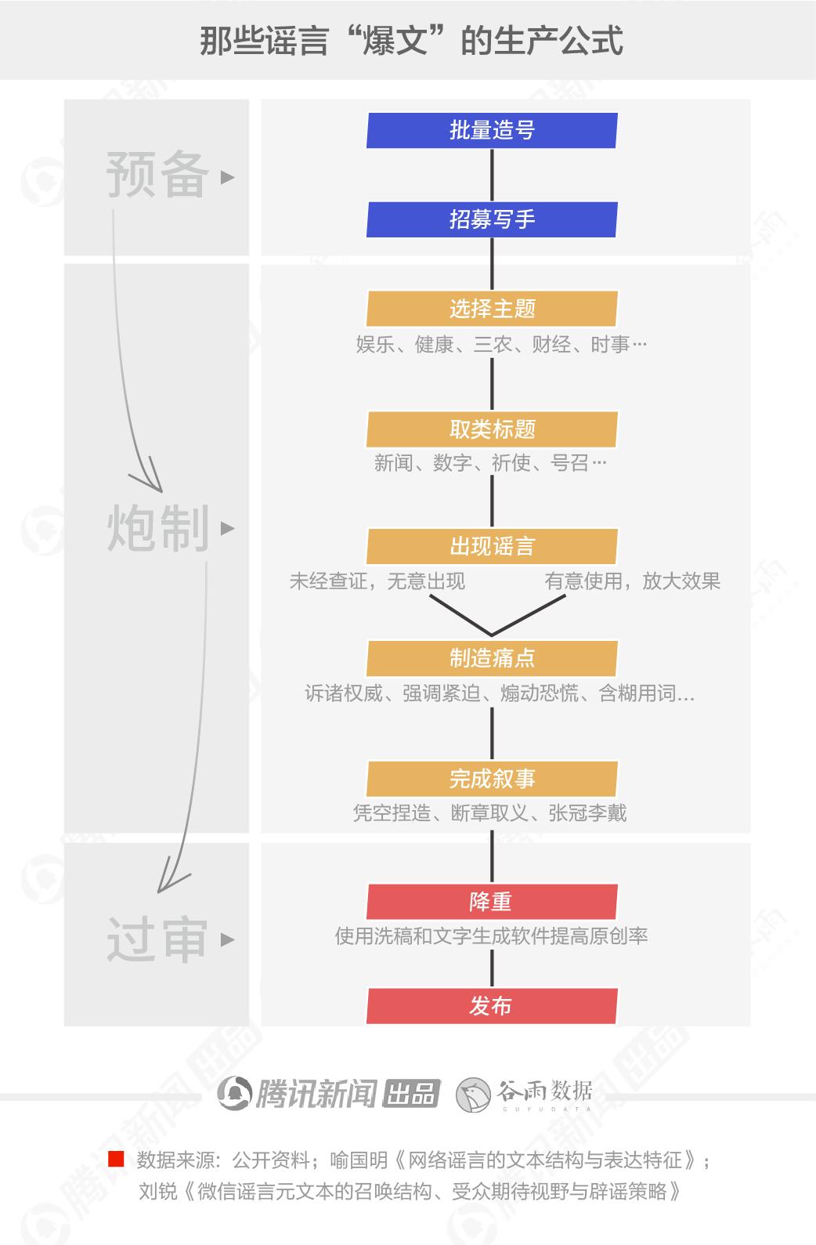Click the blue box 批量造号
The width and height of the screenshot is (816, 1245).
pyautogui.click(x=492, y=130)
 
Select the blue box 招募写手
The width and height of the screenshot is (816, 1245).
pyautogui.click(x=492, y=219)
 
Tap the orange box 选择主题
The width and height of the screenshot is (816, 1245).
pyautogui.click(x=492, y=309)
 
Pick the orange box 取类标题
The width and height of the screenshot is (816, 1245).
pyautogui.click(x=492, y=429)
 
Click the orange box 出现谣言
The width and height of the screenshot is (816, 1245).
pyautogui.click(x=492, y=546)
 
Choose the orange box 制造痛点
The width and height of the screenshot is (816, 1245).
pyautogui.click(x=492, y=658)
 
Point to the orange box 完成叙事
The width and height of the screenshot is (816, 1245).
pyautogui.click(x=492, y=779)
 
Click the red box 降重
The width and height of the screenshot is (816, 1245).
pyautogui.click(x=492, y=902)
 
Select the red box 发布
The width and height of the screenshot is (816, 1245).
pyautogui.click(x=492, y=1006)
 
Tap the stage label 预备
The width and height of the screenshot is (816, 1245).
pyautogui.click(x=157, y=175)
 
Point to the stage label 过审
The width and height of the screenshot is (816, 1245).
pyautogui.click(x=157, y=939)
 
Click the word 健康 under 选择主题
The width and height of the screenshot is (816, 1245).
pyautogui.click(x=434, y=345)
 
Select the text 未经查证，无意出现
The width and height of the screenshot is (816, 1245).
pyautogui.click(x=377, y=581)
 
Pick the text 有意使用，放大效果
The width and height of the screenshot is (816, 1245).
pyautogui.click(x=632, y=581)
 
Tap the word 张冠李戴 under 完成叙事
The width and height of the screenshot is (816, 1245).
pyautogui.click(x=587, y=813)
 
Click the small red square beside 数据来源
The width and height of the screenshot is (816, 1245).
pyautogui.click(x=116, y=1159)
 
